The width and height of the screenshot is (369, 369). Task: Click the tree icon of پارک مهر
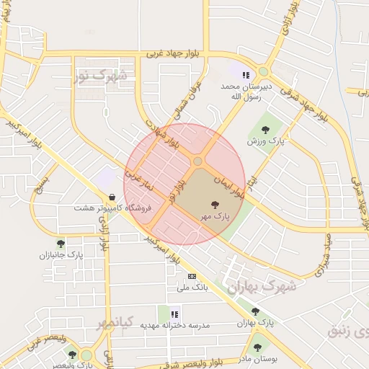[215, 205]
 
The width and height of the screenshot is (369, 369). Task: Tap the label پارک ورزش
[266, 142]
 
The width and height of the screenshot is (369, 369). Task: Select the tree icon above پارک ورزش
[266, 130]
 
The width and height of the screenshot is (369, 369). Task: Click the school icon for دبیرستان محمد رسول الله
[246, 74]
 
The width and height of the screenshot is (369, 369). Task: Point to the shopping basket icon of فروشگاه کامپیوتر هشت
[112, 197]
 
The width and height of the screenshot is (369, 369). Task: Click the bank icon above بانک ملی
[192, 276]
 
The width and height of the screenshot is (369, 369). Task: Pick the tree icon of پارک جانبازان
[61, 244]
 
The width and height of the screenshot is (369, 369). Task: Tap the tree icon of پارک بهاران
[255, 311]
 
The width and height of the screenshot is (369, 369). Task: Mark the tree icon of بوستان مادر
[257, 347]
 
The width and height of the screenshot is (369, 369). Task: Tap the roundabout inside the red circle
[197, 161]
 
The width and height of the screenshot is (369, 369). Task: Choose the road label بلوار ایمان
[232, 181]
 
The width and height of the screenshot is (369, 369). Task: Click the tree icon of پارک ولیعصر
[72, 354]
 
